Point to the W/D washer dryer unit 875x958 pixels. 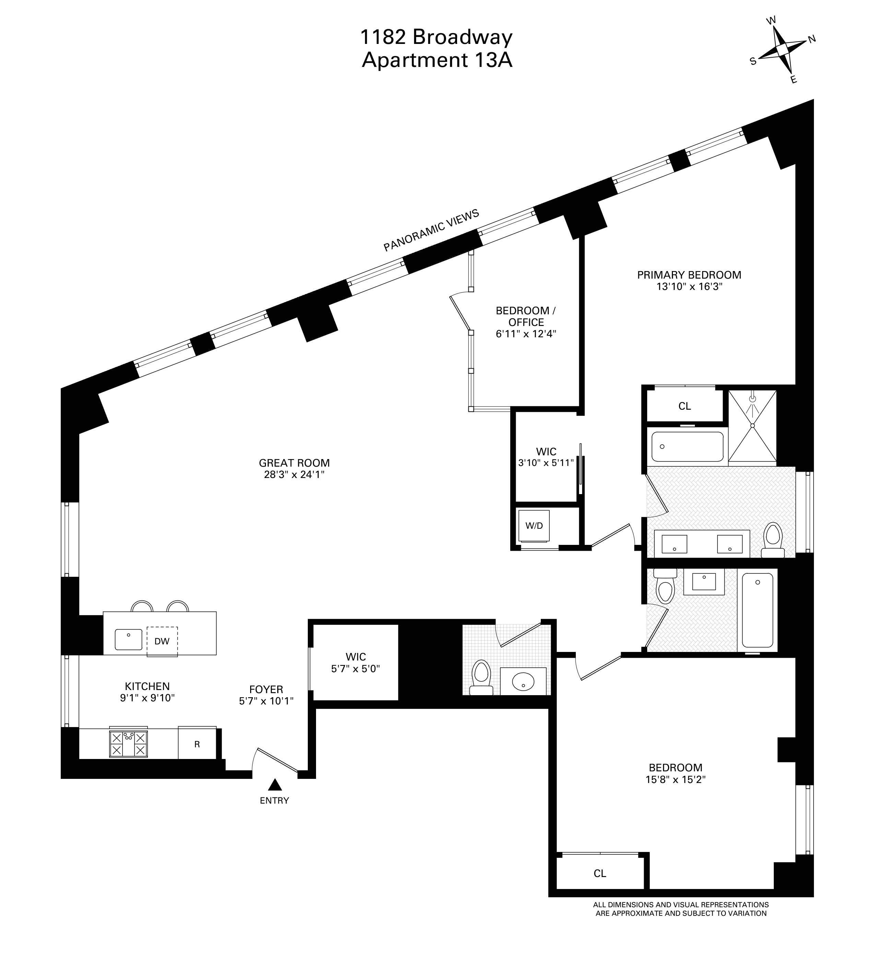point(534,526)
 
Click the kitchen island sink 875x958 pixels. point(128,639)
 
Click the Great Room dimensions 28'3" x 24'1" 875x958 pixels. point(294,474)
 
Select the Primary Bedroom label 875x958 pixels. point(689,274)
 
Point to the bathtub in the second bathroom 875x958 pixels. point(757,610)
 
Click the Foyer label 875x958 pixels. point(266,689)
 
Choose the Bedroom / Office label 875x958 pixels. point(526,316)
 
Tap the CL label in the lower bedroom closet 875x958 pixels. point(600,873)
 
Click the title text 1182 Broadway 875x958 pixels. point(437,37)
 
